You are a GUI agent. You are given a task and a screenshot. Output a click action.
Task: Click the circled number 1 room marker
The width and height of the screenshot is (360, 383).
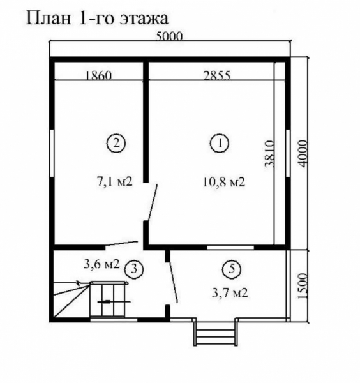point(220,144)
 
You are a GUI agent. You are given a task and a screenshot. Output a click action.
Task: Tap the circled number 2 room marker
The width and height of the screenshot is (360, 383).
point(116,143)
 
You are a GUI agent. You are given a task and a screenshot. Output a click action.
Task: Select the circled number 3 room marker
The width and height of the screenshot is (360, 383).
point(134,269)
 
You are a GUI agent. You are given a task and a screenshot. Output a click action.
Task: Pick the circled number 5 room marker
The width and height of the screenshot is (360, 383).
point(232,269)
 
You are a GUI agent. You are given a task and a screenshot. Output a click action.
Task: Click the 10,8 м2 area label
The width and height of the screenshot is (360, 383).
point(224,182)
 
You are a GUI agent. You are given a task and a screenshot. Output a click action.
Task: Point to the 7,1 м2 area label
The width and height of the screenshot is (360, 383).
point(115,182)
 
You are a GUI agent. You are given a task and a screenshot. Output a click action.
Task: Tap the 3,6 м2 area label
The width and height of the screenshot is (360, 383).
point(101,264)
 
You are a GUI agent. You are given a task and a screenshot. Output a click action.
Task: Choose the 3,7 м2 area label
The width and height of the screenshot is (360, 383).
point(230,292)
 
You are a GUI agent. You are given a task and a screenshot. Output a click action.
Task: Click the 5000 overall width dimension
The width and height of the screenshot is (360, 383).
point(169,36)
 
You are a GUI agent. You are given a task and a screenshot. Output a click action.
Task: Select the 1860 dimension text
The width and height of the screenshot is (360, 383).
point(98,75)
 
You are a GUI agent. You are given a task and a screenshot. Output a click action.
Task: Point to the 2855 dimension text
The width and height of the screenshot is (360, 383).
point(217,75)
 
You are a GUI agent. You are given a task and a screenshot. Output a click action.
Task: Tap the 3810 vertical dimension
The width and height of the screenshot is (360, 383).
point(270,154)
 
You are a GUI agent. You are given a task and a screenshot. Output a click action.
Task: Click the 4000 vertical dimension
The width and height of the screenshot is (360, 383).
point(302,153)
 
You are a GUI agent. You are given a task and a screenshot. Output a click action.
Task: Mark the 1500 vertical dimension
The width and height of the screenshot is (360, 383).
point(302,286)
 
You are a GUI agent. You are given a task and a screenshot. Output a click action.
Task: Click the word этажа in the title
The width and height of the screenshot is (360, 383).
point(144,19)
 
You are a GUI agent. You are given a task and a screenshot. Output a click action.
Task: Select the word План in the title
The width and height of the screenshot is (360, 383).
point(49,18)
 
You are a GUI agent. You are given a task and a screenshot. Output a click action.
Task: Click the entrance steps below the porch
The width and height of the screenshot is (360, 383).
point(215,333)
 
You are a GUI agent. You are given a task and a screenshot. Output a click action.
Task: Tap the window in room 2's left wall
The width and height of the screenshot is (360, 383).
point(52,153)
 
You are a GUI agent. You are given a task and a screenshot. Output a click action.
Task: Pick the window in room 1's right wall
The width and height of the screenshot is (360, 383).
point(288,154)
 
